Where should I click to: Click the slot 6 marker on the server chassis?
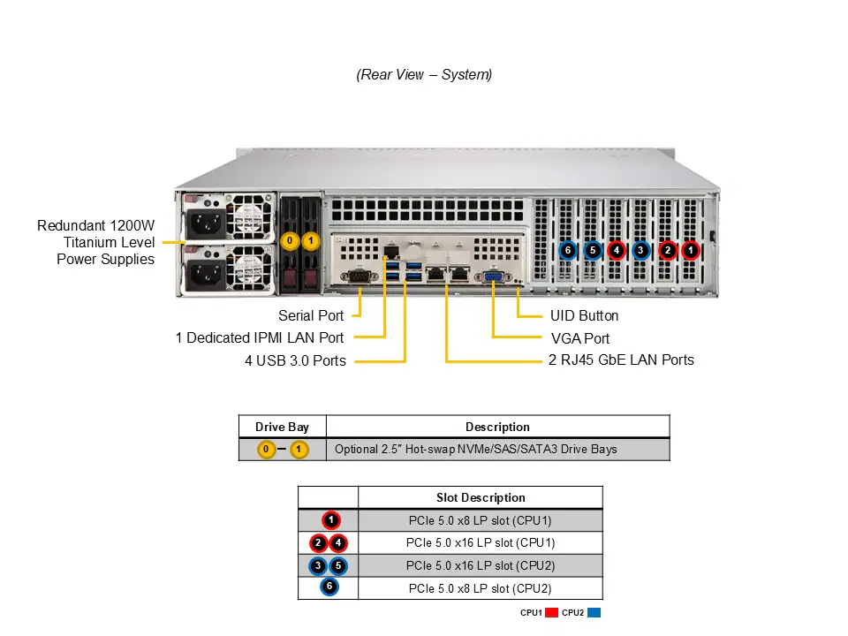click(x=568, y=251)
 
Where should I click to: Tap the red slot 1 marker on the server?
click(x=690, y=251)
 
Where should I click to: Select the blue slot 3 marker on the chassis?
click(x=641, y=251)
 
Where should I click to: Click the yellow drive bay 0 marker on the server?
click(x=289, y=240)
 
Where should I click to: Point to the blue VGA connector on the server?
click(x=494, y=278)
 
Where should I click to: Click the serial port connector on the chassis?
click(x=359, y=277)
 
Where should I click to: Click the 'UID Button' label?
click(x=584, y=315)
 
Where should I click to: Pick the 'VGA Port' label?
click(x=579, y=338)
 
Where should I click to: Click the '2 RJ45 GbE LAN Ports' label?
click(x=621, y=360)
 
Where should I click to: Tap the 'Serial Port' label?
click(x=311, y=315)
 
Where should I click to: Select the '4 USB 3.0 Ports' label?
click(x=295, y=360)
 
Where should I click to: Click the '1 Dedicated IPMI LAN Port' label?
click(x=260, y=337)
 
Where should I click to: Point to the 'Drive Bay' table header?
click(x=282, y=427)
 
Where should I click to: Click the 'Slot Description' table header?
click(x=481, y=497)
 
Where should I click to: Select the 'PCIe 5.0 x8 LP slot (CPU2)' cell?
click(x=480, y=588)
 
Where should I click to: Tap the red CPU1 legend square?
click(x=551, y=613)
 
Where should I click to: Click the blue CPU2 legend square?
click(x=594, y=613)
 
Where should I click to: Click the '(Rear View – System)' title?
click(x=424, y=75)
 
